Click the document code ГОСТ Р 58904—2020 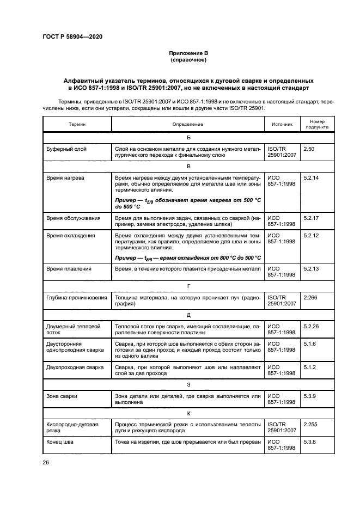(72, 36)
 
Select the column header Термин (77, 125)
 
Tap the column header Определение (188, 125)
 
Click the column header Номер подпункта (316, 125)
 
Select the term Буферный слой (66, 149)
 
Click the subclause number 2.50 (309, 149)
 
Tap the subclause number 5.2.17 (312, 218)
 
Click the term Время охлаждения (70, 236)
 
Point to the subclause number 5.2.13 (312, 269)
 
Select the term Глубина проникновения (77, 298)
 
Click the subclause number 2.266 (310, 298)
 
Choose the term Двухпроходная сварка (75, 367)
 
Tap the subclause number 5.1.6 (310, 344)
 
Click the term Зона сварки (62, 396)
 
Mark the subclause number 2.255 (310, 424)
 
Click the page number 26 (46, 463)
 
